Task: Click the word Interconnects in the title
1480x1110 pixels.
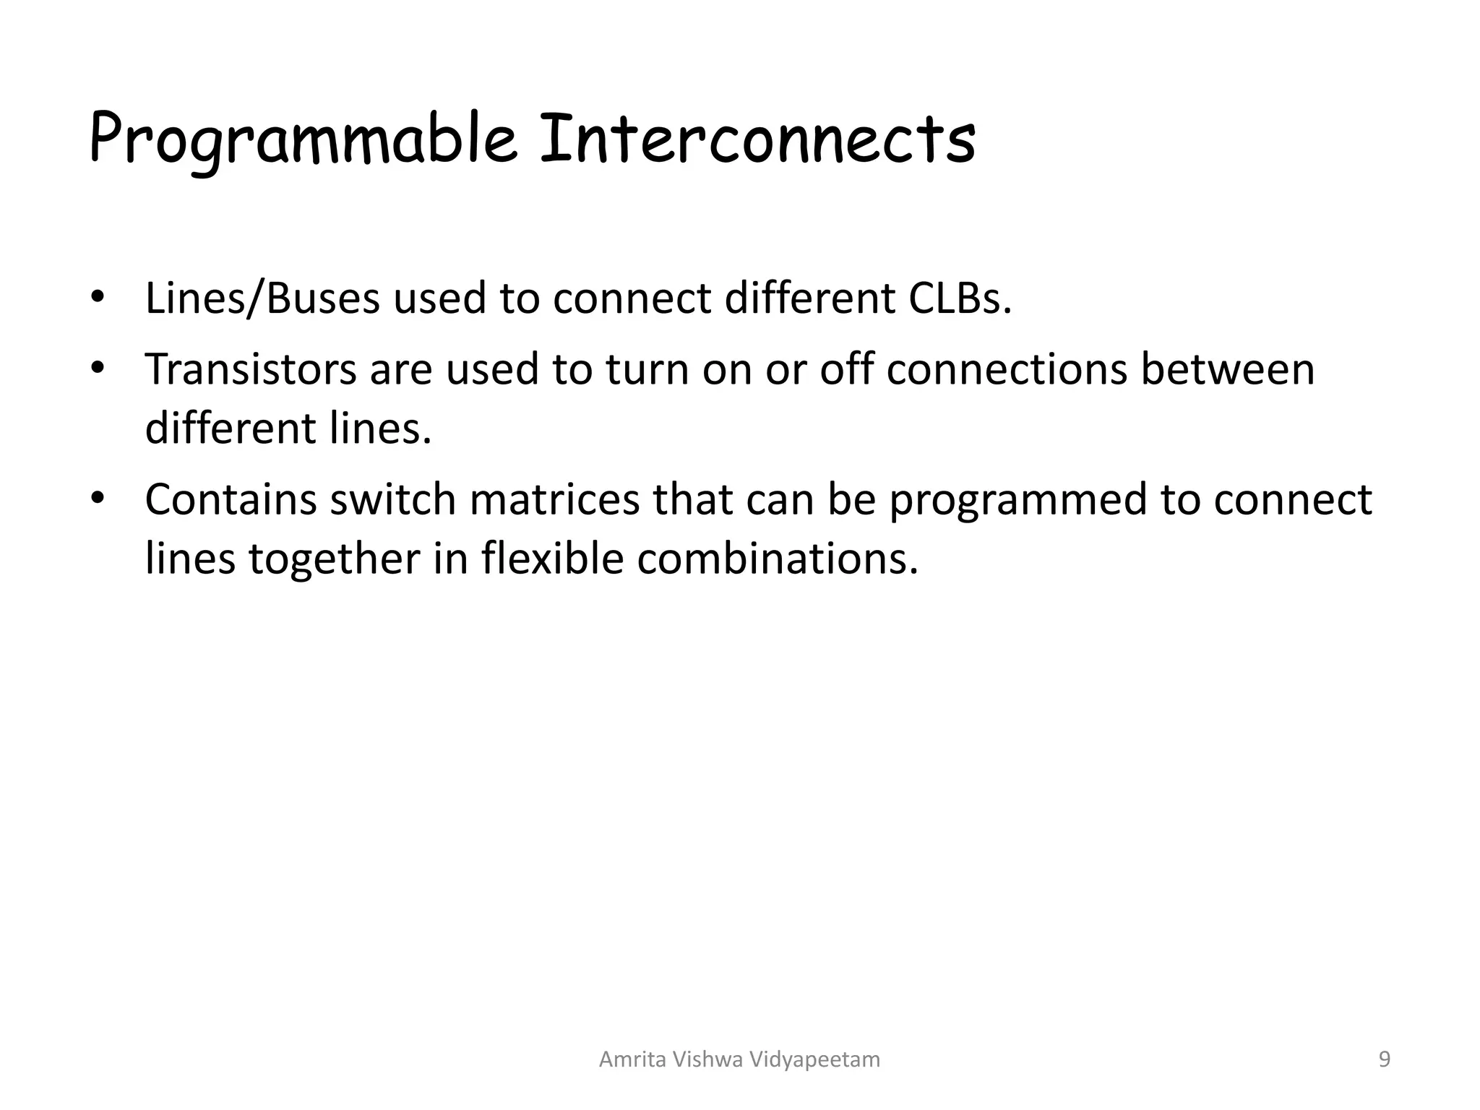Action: point(757,139)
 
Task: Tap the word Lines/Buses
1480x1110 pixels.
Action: point(262,298)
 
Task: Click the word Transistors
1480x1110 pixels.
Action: point(251,369)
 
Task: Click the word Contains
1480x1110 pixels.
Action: point(231,499)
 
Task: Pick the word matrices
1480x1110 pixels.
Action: point(554,499)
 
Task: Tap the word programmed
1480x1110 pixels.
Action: point(1017,501)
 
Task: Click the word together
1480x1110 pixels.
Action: point(335,560)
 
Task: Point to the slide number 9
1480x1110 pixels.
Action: point(1384,1059)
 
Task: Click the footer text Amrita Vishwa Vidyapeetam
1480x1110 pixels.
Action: point(739,1059)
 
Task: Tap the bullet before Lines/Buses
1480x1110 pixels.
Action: point(98,298)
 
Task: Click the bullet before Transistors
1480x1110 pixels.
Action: point(98,369)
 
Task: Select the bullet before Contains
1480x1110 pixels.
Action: point(98,499)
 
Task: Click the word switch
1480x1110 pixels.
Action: point(392,499)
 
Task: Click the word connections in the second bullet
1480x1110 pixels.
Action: point(1006,369)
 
